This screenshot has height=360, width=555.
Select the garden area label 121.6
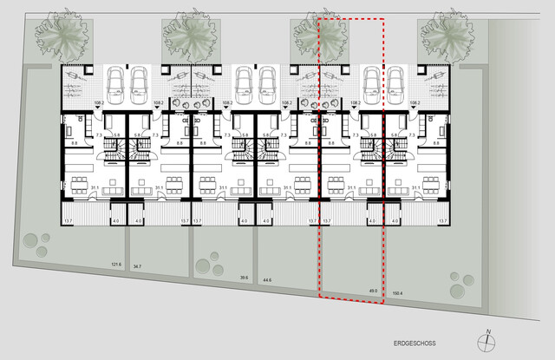coord(116,265)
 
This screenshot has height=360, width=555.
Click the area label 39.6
coord(245,278)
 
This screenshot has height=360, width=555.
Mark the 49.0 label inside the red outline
coord(374,291)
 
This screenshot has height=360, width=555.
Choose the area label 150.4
coord(399,294)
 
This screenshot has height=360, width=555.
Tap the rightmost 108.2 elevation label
coord(414,102)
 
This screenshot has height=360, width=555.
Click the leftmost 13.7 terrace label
coord(69,221)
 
